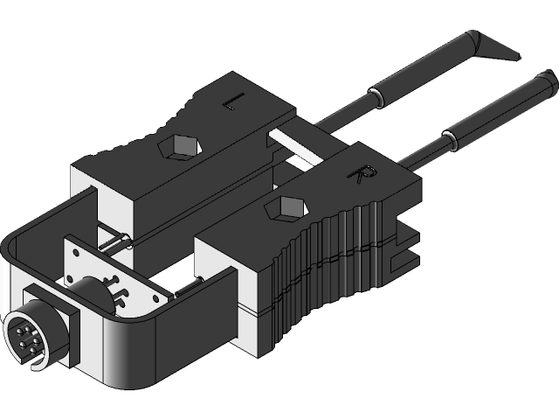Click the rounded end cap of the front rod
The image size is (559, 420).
(x=549, y=84)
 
